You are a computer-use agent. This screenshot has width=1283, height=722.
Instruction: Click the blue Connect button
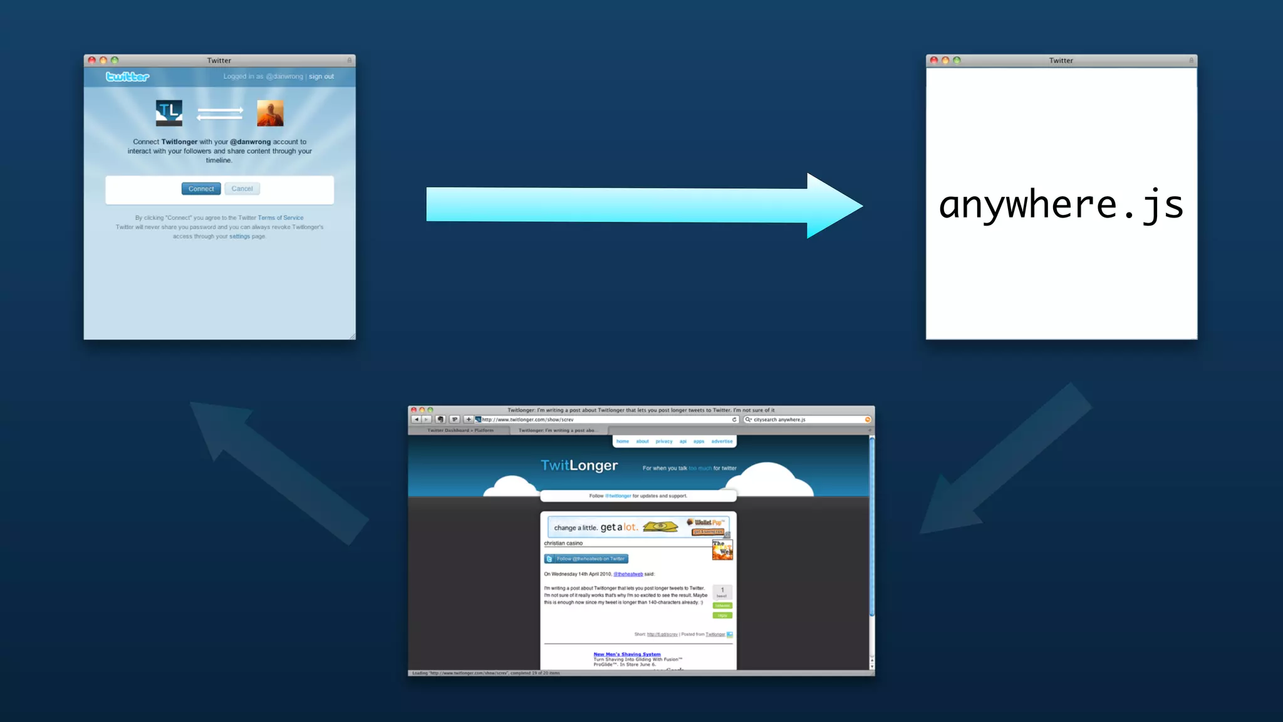point(201,189)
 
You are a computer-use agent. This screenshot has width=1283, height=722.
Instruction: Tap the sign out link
point(321,76)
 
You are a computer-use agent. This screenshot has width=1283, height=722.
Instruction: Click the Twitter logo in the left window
point(127,76)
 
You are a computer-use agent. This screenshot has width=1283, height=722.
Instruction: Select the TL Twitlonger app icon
point(169,113)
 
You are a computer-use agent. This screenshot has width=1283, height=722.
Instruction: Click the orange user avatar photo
point(270,113)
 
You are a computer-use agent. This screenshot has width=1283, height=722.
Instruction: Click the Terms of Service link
point(281,218)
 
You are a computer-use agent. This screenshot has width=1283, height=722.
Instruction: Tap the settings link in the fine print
point(239,237)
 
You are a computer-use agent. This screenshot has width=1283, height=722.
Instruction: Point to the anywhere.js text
point(1061,205)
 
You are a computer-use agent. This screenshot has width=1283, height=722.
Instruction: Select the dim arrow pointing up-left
point(276,470)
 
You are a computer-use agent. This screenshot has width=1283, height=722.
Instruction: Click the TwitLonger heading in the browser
point(579,466)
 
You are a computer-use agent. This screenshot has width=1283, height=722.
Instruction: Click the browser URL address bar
point(605,420)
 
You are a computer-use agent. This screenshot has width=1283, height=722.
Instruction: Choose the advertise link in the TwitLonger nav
point(722,441)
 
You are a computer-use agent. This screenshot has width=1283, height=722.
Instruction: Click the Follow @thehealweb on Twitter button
point(586,559)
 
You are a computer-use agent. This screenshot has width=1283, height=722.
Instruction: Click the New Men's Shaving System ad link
point(626,654)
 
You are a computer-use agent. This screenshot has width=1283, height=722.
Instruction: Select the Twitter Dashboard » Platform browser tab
point(460,431)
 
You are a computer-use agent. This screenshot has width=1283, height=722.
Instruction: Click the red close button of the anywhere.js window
point(933,60)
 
